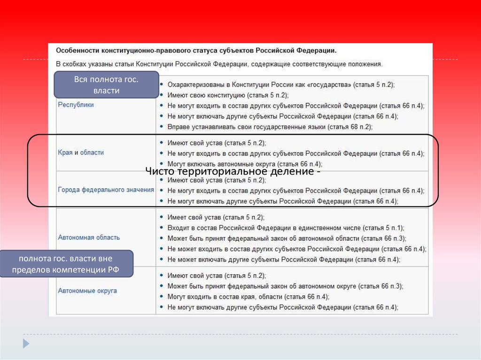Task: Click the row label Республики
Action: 76,105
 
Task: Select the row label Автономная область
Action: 89,237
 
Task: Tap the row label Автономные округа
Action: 87,291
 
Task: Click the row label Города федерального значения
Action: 106,190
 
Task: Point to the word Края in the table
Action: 65,153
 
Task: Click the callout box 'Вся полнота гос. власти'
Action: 106,85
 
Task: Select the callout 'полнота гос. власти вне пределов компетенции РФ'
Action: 66,264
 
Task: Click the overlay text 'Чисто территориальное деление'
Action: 233,172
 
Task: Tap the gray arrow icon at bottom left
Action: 26,343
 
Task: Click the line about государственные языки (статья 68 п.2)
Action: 269,127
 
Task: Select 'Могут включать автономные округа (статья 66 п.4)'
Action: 244,164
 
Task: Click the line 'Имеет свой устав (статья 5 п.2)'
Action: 216,217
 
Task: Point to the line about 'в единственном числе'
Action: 285,228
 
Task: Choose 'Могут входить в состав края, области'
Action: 248,297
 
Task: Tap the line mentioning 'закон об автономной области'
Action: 287,238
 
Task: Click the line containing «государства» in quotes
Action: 281,84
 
